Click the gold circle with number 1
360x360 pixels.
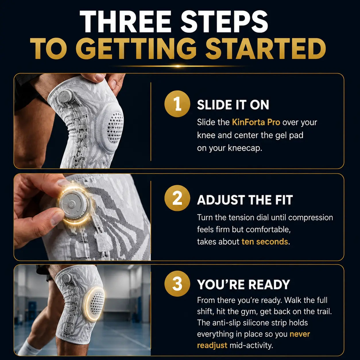click(177, 104)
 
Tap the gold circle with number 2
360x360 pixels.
click(177, 198)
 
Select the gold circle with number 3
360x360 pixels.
click(177, 284)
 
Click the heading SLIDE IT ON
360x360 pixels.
click(233, 104)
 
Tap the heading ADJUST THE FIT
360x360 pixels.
click(245, 200)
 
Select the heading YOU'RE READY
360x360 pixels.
click(244, 285)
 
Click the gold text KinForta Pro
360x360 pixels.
click(256, 122)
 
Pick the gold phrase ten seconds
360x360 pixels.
click(265, 242)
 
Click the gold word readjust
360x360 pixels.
click(212, 346)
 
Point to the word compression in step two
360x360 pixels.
click(311, 218)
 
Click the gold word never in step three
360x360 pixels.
click(300, 334)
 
